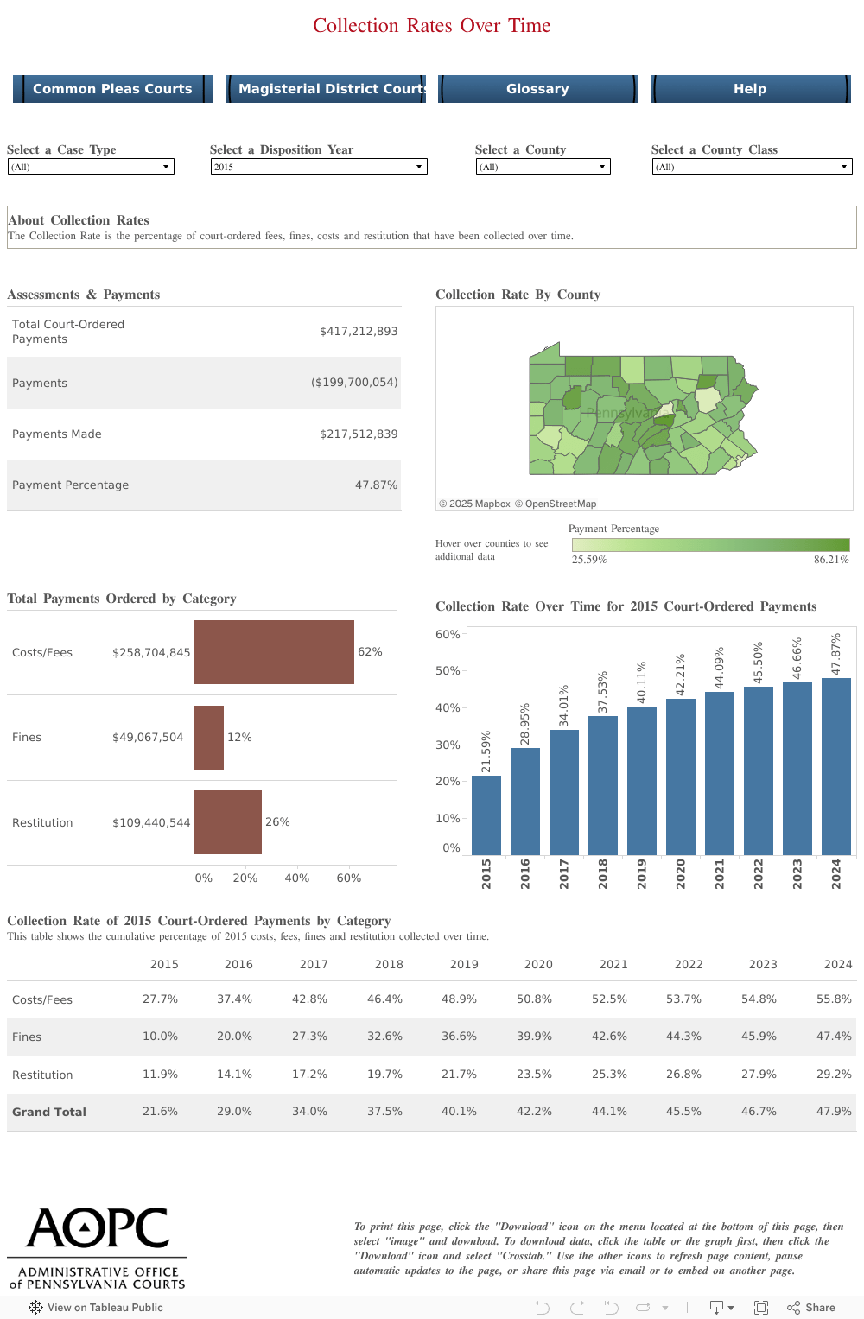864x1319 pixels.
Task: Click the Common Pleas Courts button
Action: click(x=112, y=89)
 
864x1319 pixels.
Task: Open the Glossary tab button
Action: click(x=537, y=89)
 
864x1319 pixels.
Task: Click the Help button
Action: click(x=750, y=89)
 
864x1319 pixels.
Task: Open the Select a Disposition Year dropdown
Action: click(x=319, y=167)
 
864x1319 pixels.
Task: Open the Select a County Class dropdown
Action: click(x=752, y=167)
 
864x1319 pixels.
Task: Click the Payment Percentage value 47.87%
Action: click(x=376, y=485)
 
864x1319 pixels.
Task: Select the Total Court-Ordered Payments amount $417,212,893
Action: click(x=359, y=332)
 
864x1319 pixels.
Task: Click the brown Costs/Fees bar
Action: click(x=274, y=652)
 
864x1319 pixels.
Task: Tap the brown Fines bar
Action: click(x=209, y=738)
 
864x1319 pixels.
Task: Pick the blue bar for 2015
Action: click(x=486, y=815)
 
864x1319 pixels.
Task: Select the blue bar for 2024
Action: click(x=835, y=766)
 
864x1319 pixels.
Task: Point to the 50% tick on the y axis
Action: click(x=448, y=671)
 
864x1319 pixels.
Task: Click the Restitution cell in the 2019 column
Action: click(x=459, y=1075)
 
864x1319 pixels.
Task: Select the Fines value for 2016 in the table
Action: click(x=234, y=1037)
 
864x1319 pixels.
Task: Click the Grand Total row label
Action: click(x=49, y=1113)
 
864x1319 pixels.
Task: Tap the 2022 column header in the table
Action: click(x=688, y=965)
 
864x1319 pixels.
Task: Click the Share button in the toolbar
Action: click(x=811, y=1308)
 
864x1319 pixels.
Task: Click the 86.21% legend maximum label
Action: click(x=830, y=560)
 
